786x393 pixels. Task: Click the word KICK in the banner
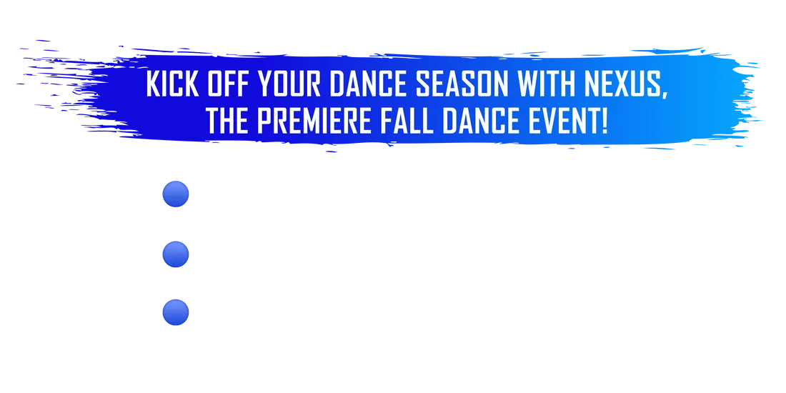pyautogui.click(x=172, y=84)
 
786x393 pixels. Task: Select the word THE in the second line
pyautogui.click(x=227, y=121)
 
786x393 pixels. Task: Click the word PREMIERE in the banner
pyautogui.click(x=314, y=121)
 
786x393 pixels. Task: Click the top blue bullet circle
pyautogui.click(x=176, y=194)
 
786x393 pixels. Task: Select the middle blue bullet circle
pyautogui.click(x=176, y=254)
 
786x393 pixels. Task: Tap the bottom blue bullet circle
pyautogui.click(x=176, y=312)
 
